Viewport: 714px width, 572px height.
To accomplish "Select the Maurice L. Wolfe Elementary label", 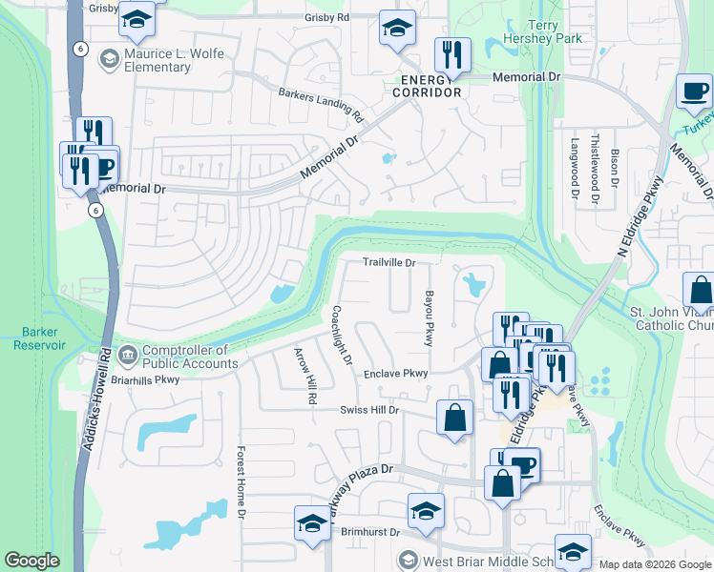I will [162, 61].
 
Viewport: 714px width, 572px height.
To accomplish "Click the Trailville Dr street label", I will [388, 262].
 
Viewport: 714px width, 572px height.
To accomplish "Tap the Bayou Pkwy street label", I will [430, 318].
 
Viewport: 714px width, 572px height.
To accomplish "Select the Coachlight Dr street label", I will [343, 336].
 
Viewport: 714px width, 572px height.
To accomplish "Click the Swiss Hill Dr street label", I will [369, 410].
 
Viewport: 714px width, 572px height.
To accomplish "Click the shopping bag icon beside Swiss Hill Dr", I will [455, 419].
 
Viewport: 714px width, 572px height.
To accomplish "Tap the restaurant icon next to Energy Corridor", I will [452, 55].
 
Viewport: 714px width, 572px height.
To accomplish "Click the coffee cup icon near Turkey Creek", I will [694, 92].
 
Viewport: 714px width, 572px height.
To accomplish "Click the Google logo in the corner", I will [31, 561].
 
